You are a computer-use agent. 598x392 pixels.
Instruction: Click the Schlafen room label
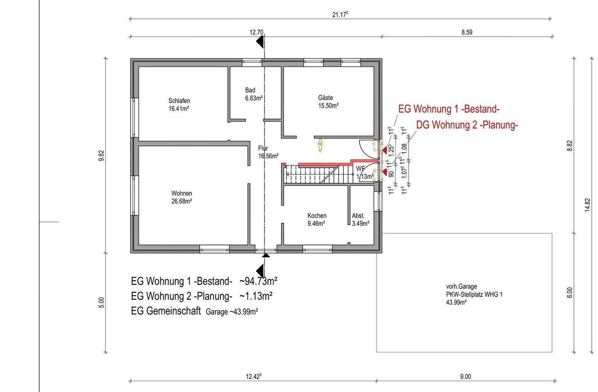click(179, 101)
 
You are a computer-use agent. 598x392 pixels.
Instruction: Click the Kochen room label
click(316, 216)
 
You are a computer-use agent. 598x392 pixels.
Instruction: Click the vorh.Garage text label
click(461, 286)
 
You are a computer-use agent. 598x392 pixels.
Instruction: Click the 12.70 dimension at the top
click(256, 32)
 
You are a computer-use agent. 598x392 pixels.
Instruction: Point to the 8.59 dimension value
click(467, 32)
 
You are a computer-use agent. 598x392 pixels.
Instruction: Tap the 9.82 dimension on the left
click(101, 155)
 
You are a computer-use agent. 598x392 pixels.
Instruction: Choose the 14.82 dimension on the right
click(587, 205)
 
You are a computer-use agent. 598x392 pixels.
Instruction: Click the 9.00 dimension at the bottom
click(465, 377)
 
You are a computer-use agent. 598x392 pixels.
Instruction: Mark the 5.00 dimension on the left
click(101, 302)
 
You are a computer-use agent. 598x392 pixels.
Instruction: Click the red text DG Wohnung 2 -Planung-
click(467, 125)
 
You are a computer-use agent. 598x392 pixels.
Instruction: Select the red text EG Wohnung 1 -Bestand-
click(448, 109)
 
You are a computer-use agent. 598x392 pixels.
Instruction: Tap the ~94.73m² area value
click(258, 281)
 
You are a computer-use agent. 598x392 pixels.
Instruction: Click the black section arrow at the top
click(260, 42)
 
